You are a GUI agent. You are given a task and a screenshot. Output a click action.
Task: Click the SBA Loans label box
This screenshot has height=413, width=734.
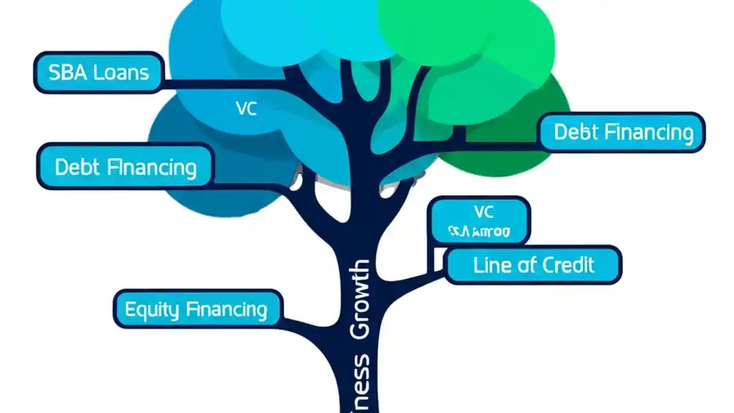pyautogui.click(x=98, y=72)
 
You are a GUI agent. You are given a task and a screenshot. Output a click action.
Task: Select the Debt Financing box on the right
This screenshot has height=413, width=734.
pyautogui.click(x=622, y=133)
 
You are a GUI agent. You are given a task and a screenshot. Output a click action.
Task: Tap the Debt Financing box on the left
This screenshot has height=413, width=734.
pyautogui.click(x=125, y=167)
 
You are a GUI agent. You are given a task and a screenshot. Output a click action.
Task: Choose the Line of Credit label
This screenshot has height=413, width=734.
pyautogui.click(x=533, y=265)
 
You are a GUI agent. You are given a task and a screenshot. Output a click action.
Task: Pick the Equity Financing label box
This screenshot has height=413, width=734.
pyautogui.click(x=197, y=310)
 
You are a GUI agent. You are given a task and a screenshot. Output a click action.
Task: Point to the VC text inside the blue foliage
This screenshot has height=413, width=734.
pyautogui.click(x=246, y=109)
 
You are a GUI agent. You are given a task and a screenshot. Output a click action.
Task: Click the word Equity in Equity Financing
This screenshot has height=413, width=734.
pyautogui.click(x=144, y=310)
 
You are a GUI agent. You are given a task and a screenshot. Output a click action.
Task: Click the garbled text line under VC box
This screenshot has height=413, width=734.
pyautogui.click(x=479, y=232)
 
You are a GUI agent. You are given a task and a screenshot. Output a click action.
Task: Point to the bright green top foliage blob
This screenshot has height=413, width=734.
pyautogui.click(x=459, y=29)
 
